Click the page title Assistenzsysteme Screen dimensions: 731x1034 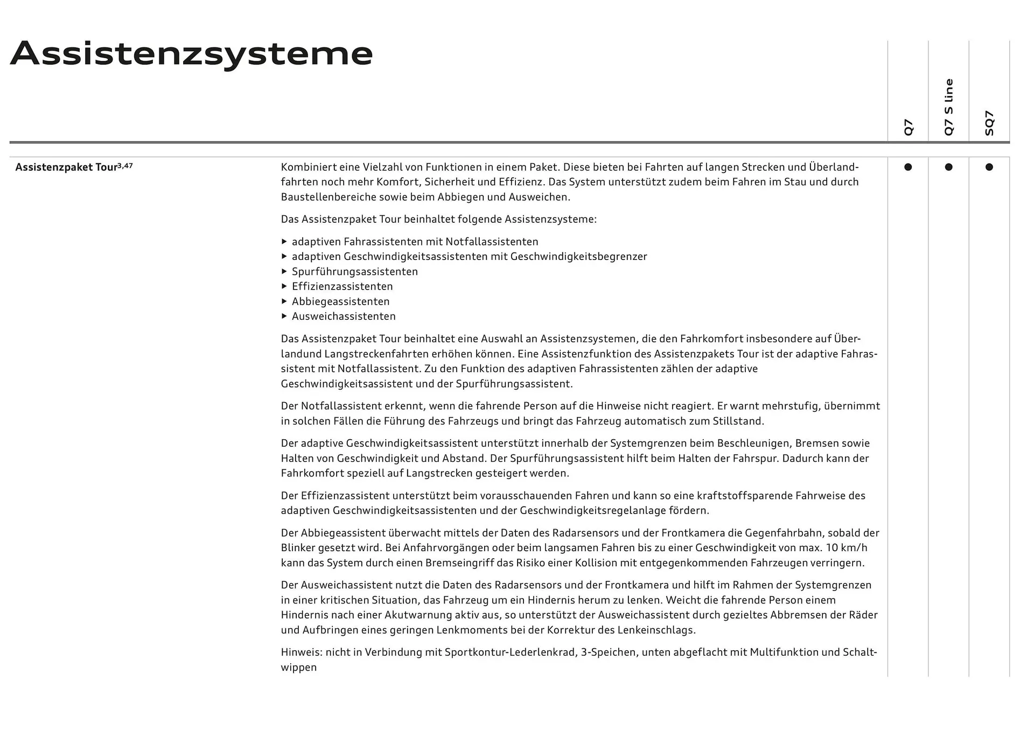[191, 54]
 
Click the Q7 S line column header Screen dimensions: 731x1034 [948, 107]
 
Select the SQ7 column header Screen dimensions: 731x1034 [989, 123]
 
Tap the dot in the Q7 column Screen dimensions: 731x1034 [908, 167]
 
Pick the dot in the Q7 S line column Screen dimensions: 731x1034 [948, 167]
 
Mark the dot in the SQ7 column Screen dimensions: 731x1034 [989, 167]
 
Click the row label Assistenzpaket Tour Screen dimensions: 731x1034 [66, 167]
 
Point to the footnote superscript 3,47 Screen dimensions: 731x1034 [125, 166]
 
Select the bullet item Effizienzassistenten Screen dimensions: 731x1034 [342, 286]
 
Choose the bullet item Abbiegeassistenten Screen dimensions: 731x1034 [340, 301]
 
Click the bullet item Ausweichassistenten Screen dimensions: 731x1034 [344, 317]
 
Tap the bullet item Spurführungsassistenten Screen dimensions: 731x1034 [354, 272]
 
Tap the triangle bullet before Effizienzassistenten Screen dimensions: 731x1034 [284, 286]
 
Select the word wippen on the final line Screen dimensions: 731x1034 [298, 667]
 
